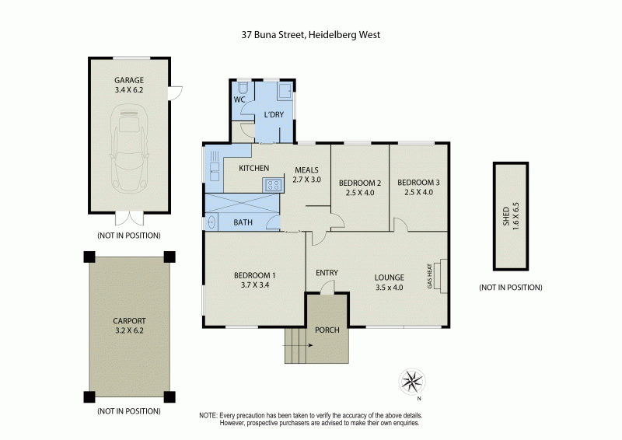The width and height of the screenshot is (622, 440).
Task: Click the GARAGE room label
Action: [129, 80]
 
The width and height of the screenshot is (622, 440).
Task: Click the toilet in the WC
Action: [241, 89]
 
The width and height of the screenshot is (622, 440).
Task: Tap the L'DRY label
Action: [274, 115]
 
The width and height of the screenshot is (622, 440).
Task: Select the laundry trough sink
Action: [285, 91]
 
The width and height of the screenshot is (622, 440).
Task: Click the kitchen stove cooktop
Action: [273, 185]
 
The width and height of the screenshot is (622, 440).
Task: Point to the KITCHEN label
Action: [253, 169]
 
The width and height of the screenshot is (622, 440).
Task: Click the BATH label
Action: [243, 222]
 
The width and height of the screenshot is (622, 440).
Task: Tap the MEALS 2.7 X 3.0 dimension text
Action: [306, 180]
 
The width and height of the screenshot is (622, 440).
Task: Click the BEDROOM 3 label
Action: [418, 183]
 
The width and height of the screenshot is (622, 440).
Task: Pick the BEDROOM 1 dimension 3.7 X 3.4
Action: [255, 285]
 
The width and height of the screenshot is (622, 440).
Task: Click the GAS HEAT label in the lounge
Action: [428, 276]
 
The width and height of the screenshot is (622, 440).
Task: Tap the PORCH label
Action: [327, 330]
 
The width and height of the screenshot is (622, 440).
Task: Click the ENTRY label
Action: [327, 272]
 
